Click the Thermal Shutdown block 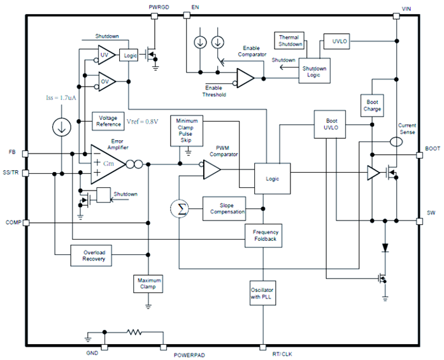(290, 41)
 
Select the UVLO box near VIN (337, 41)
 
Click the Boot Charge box (373, 105)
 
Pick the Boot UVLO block (331, 123)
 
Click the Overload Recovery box (94, 257)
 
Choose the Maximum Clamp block (148, 284)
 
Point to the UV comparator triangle (106, 57)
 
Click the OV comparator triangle (106, 81)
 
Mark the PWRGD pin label (158, 7)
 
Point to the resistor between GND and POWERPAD (136, 332)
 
